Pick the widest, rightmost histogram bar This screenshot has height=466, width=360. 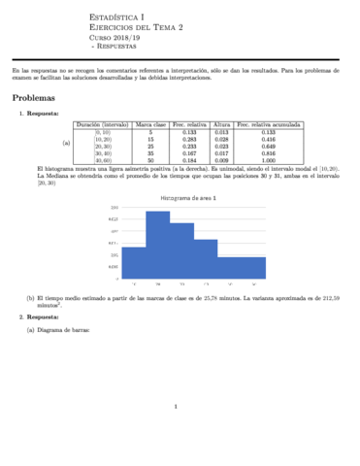pos(241,265)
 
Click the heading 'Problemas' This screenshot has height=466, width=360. pos(33,99)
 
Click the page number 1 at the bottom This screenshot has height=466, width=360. pos(176,407)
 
